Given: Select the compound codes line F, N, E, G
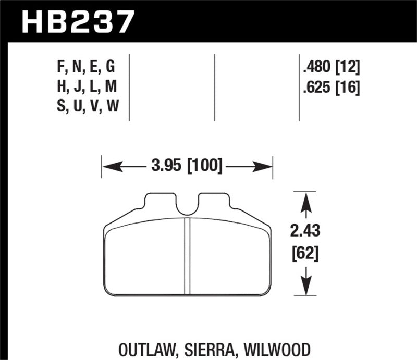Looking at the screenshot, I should click(88, 67).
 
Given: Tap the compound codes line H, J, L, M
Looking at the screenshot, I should click(88, 86).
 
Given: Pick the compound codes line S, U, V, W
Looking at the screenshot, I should click(88, 106).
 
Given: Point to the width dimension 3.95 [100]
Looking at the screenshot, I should click(187, 167).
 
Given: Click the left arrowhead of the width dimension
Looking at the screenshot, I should click(107, 168).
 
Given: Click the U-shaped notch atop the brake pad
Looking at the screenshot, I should click(187, 206).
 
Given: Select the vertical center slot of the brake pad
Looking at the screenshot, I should click(188, 255).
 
